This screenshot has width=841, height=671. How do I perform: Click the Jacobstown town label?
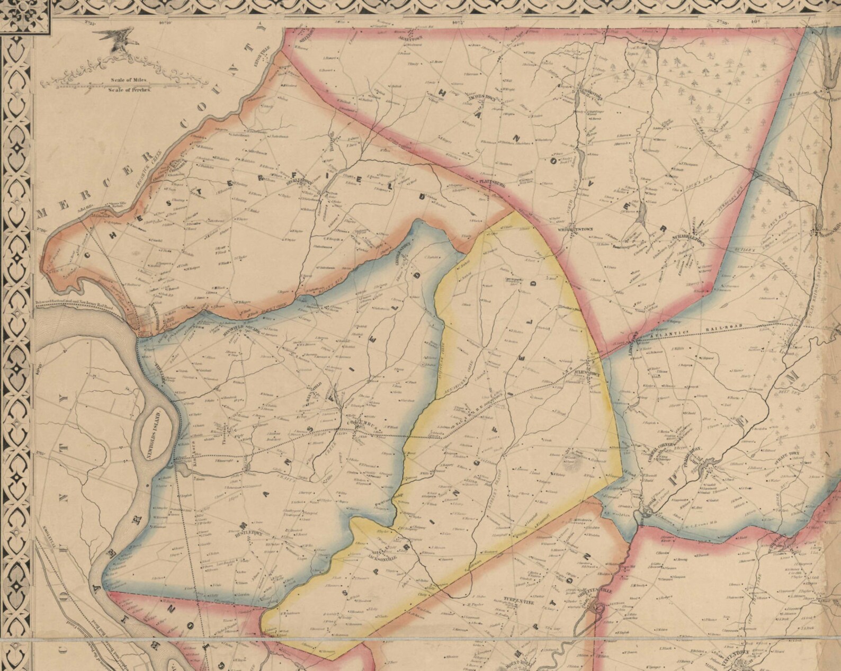coord(480,98)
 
